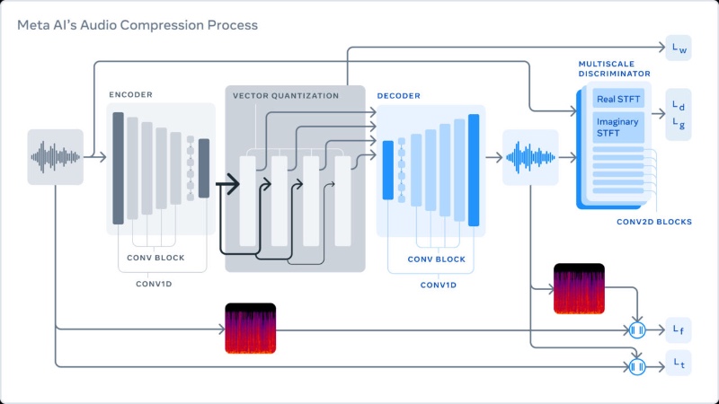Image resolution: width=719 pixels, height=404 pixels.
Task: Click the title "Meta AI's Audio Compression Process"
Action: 138,25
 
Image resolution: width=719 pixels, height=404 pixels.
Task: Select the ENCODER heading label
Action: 131,94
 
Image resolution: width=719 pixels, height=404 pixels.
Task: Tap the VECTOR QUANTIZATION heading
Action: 286,95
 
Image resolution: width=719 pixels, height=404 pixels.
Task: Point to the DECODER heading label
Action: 398,95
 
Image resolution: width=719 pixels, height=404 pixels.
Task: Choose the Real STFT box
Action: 618,98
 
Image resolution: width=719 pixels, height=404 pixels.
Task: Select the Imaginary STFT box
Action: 618,127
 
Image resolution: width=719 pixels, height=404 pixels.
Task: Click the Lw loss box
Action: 679,48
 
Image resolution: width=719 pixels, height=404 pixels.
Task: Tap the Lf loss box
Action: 679,330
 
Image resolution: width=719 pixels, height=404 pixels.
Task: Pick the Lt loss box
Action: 679,365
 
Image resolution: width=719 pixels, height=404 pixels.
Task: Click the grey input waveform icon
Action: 55,157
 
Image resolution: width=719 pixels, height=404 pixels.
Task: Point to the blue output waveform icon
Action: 530,158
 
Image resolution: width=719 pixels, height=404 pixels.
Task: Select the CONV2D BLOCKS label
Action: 653,221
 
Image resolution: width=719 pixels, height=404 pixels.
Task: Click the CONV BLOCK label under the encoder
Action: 156,257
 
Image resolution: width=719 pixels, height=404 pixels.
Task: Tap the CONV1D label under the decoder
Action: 439,285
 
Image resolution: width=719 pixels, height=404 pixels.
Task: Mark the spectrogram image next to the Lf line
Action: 251,329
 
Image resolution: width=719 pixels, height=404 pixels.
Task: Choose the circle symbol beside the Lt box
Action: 637,365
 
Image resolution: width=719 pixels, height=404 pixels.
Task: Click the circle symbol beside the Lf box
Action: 637,330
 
